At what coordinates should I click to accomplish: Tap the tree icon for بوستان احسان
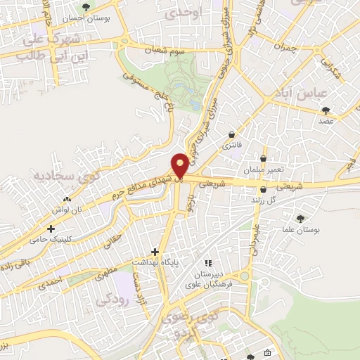tap(86, 8)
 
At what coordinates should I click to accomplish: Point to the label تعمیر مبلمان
tap(262, 170)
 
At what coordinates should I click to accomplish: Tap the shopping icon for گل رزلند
tap(263, 189)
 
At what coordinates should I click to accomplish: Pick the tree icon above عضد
tap(326, 110)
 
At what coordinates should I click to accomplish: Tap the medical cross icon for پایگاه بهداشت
tap(155, 252)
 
